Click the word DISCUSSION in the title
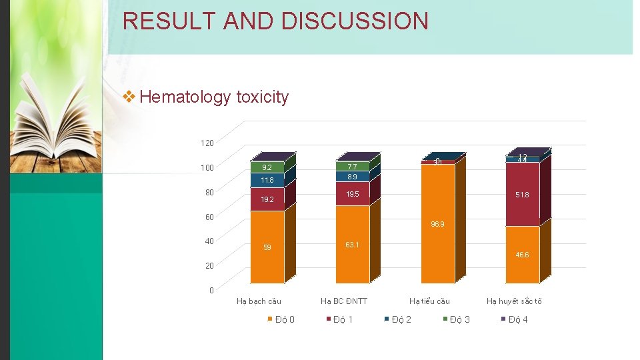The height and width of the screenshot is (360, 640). [x=355, y=21]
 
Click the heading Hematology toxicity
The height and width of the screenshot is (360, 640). [x=214, y=97]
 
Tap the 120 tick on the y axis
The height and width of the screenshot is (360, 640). [x=207, y=143]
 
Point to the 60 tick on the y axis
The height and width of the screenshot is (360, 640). [x=209, y=217]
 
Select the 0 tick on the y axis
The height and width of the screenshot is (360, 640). [x=211, y=291]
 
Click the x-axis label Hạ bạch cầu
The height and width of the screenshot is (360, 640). [x=259, y=301]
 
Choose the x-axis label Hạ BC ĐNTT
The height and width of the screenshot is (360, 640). [x=344, y=301]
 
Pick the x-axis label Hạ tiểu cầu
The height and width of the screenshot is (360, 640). [x=429, y=301]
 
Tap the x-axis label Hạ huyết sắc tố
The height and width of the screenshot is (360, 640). [x=514, y=301]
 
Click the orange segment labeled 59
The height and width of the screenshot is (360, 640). [x=267, y=247]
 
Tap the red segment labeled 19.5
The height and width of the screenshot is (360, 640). [x=352, y=194]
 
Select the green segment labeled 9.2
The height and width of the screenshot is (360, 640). [x=267, y=167]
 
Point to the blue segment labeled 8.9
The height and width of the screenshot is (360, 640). [x=352, y=177]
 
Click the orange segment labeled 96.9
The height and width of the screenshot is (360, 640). [x=437, y=225]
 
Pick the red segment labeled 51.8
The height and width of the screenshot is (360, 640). [x=522, y=195]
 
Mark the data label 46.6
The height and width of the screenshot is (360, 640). [x=522, y=255]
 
